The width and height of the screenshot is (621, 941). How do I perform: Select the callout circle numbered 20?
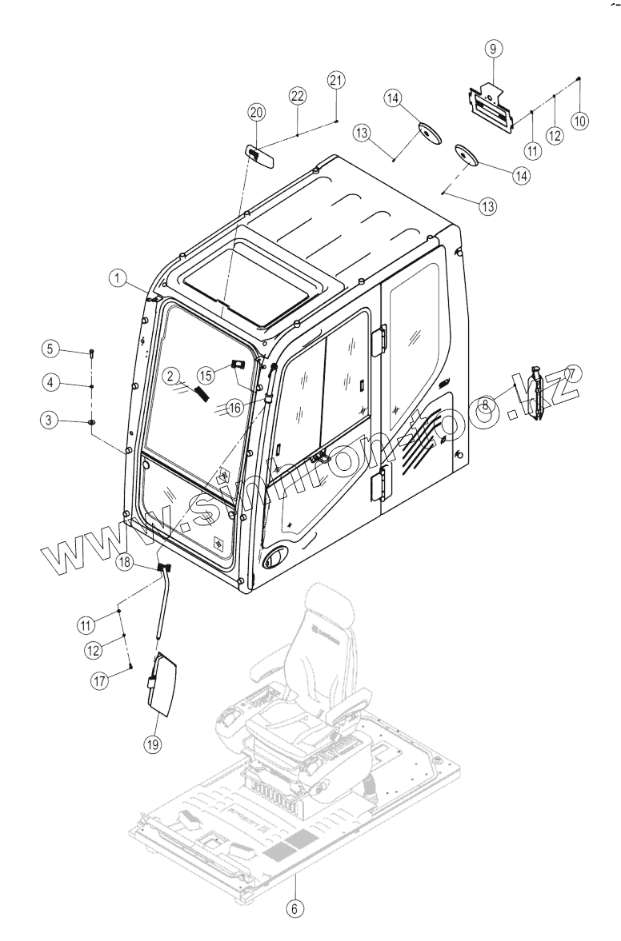[x=256, y=114]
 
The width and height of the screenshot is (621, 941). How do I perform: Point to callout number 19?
[x=153, y=744]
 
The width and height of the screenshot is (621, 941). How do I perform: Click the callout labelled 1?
[x=119, y=277]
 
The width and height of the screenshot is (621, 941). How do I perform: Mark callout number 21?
[x=336, y=81]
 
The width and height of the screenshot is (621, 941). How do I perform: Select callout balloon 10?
[x=579, y=120]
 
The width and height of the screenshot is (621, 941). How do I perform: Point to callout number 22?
[x=298, y=96]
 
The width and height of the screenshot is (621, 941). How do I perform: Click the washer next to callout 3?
[x=93, y=421]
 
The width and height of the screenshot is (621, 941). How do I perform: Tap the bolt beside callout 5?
[x=93, y=352]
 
